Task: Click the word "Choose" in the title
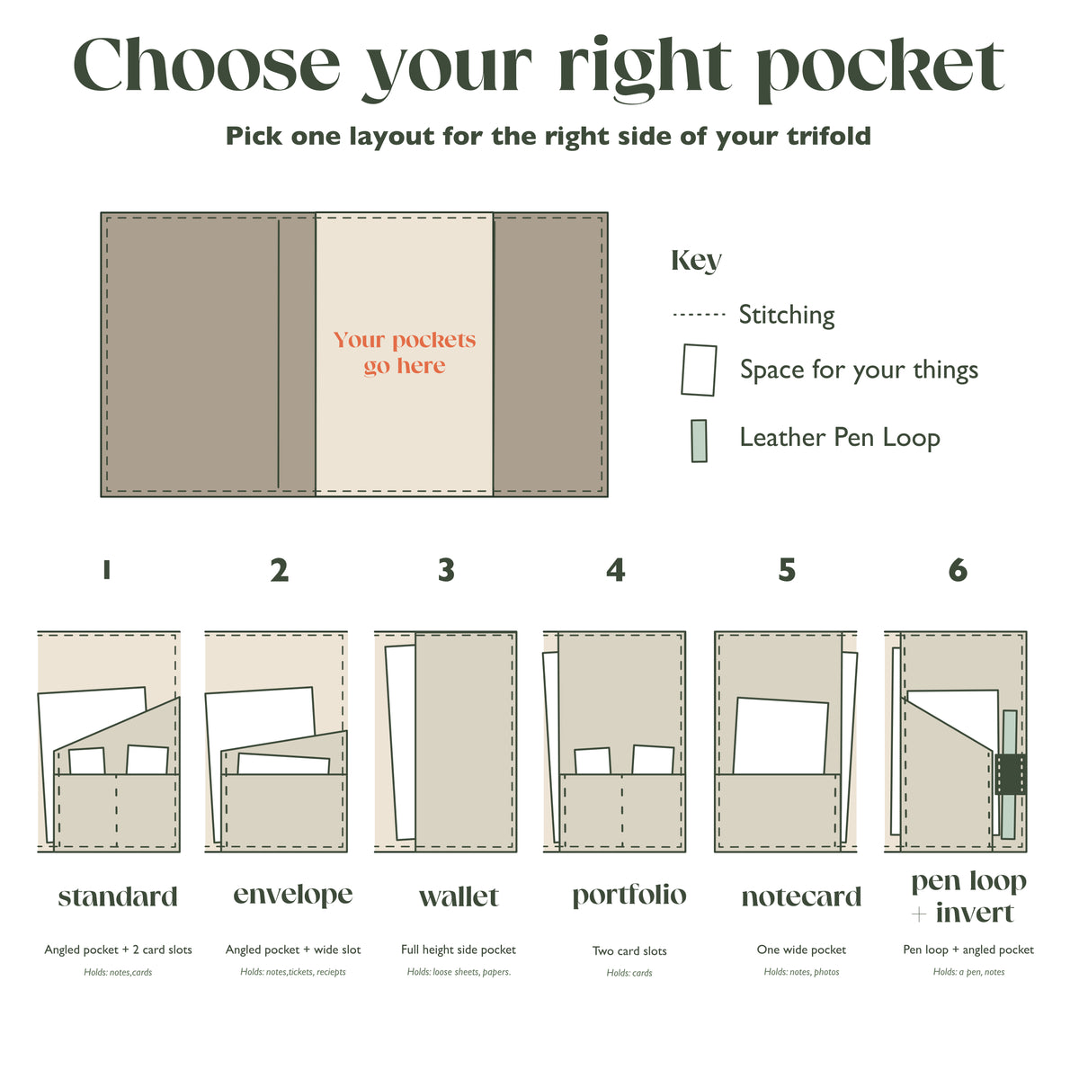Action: [x=207, y=65]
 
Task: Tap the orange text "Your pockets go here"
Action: [x=405, y=352]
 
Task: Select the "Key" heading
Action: [x=696, y=261]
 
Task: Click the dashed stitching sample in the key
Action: [x=699, y=315]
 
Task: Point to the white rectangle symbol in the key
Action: [x=699, y=370]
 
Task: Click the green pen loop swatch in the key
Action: [x=699, y=441]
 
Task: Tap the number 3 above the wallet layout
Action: [x=446, y=570]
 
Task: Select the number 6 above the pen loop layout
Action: [x=958, y=570]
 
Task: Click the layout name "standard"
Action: [x=118, y=896]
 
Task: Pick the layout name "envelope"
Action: [x=293, y=895]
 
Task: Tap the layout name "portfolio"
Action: [x=629, y=896]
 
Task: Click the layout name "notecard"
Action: [x=801, y=897]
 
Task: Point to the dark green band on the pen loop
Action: [x=1011, y=774]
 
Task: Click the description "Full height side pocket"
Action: [x=458, y=950]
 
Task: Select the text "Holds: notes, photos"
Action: [x=801, y=972]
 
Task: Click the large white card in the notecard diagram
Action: [x=780, y=736]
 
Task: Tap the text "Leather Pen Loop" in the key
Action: [x=839, y=438]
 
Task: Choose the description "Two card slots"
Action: [x=629, y=950]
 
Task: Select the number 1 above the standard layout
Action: [x=106, y=570]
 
